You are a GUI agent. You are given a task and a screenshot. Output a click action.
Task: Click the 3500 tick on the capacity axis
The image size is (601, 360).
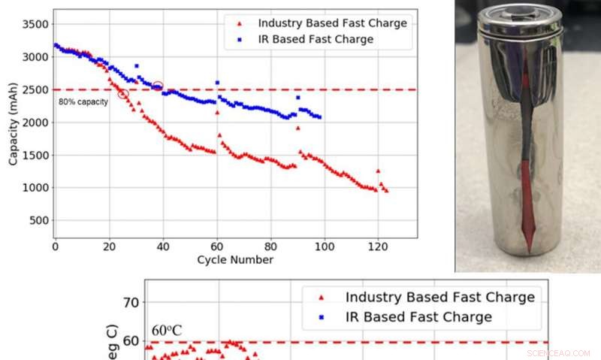(35, 24)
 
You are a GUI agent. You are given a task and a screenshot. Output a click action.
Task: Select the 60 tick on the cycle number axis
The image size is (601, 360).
(217, 246)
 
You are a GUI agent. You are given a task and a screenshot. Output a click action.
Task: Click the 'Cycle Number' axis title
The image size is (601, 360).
(235, 260)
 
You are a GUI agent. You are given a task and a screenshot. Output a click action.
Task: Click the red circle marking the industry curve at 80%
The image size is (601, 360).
(123, 93)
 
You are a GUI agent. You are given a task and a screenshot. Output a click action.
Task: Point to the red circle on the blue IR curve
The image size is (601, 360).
(158, 86)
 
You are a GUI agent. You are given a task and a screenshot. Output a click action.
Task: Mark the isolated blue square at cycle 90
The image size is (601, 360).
(297, 97)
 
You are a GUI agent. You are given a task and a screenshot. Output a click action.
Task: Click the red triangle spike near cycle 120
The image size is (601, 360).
(378, 171)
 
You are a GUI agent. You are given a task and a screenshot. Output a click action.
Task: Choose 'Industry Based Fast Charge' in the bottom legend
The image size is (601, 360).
(440, 297)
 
